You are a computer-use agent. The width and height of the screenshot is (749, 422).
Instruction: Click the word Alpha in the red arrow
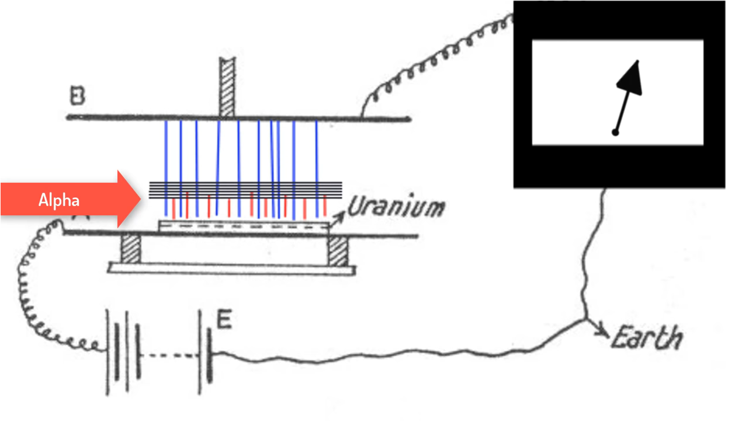(x=59, y=201)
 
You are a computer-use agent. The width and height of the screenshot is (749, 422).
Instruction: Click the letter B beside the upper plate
(x=77, y=97)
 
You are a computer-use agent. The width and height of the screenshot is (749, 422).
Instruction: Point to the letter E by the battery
(x=224, y=320)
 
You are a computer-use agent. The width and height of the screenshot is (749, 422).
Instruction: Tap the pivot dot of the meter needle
(x=615, y=133)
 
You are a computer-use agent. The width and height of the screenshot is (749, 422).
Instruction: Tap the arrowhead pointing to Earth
(x=601, y=333)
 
